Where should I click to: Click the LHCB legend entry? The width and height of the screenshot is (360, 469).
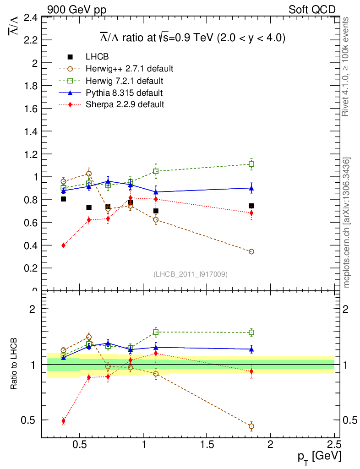point(97,57)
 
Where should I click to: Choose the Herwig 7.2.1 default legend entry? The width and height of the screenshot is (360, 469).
point(124,81)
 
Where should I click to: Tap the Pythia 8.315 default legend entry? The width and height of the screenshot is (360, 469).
point(124,93)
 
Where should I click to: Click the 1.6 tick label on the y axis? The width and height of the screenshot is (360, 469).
point(30,109)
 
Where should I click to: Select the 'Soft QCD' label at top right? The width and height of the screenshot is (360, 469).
point(312,9)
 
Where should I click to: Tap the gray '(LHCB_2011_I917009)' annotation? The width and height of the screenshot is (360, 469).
point(191,274)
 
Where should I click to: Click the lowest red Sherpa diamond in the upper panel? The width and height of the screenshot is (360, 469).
point(63,245)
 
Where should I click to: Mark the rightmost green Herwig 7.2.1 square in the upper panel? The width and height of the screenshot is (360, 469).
point(251,164)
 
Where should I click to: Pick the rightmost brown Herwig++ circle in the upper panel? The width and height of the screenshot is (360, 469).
point(251,252)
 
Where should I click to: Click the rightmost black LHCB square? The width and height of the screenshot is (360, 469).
point(251,206)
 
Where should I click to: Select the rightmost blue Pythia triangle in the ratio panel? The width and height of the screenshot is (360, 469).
point(251,349)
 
